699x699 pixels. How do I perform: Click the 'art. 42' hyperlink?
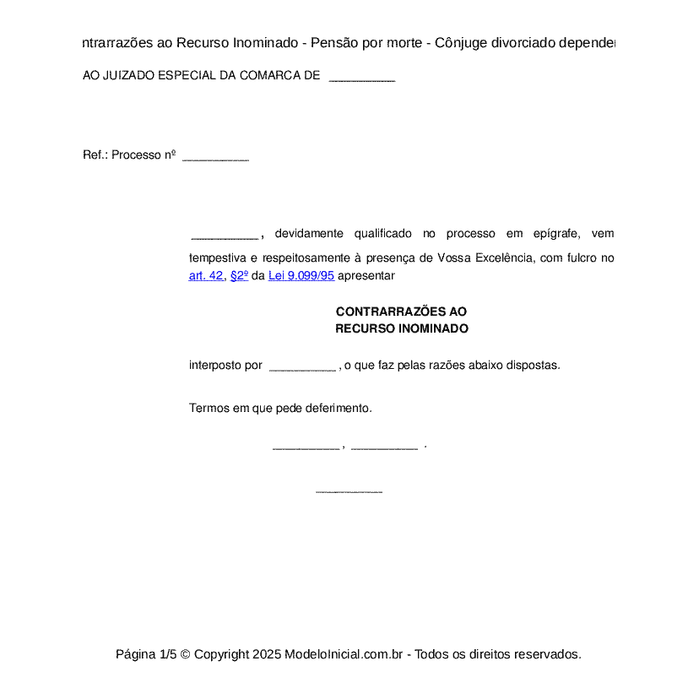tap(205, 275)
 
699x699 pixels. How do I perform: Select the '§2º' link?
tap(239, 275)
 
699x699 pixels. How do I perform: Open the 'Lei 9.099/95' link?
tap(301, 275)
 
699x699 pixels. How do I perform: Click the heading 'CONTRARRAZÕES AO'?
tap(401, 312)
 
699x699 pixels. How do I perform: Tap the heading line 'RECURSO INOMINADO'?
tap(401, 328)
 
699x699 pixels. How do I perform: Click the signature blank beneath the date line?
tap(349, 490)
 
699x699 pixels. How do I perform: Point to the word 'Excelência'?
tap(504, 257)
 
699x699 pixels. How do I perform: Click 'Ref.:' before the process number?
tap(95, 155)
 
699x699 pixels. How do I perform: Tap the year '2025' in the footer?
tap(266, 654)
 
